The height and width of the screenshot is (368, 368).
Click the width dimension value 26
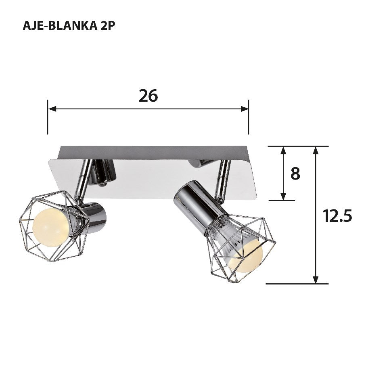point(148,96)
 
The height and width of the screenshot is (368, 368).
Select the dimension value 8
point(295,174)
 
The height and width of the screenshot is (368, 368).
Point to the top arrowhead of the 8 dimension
point(283,150)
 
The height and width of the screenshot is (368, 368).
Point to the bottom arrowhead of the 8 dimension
point(283,196)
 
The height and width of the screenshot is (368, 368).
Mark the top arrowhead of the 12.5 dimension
point(316,150)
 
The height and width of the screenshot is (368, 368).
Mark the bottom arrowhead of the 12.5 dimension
point(316,279)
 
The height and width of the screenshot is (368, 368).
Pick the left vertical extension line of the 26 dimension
point(48,121)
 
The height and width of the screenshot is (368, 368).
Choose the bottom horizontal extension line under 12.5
point(297,284)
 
